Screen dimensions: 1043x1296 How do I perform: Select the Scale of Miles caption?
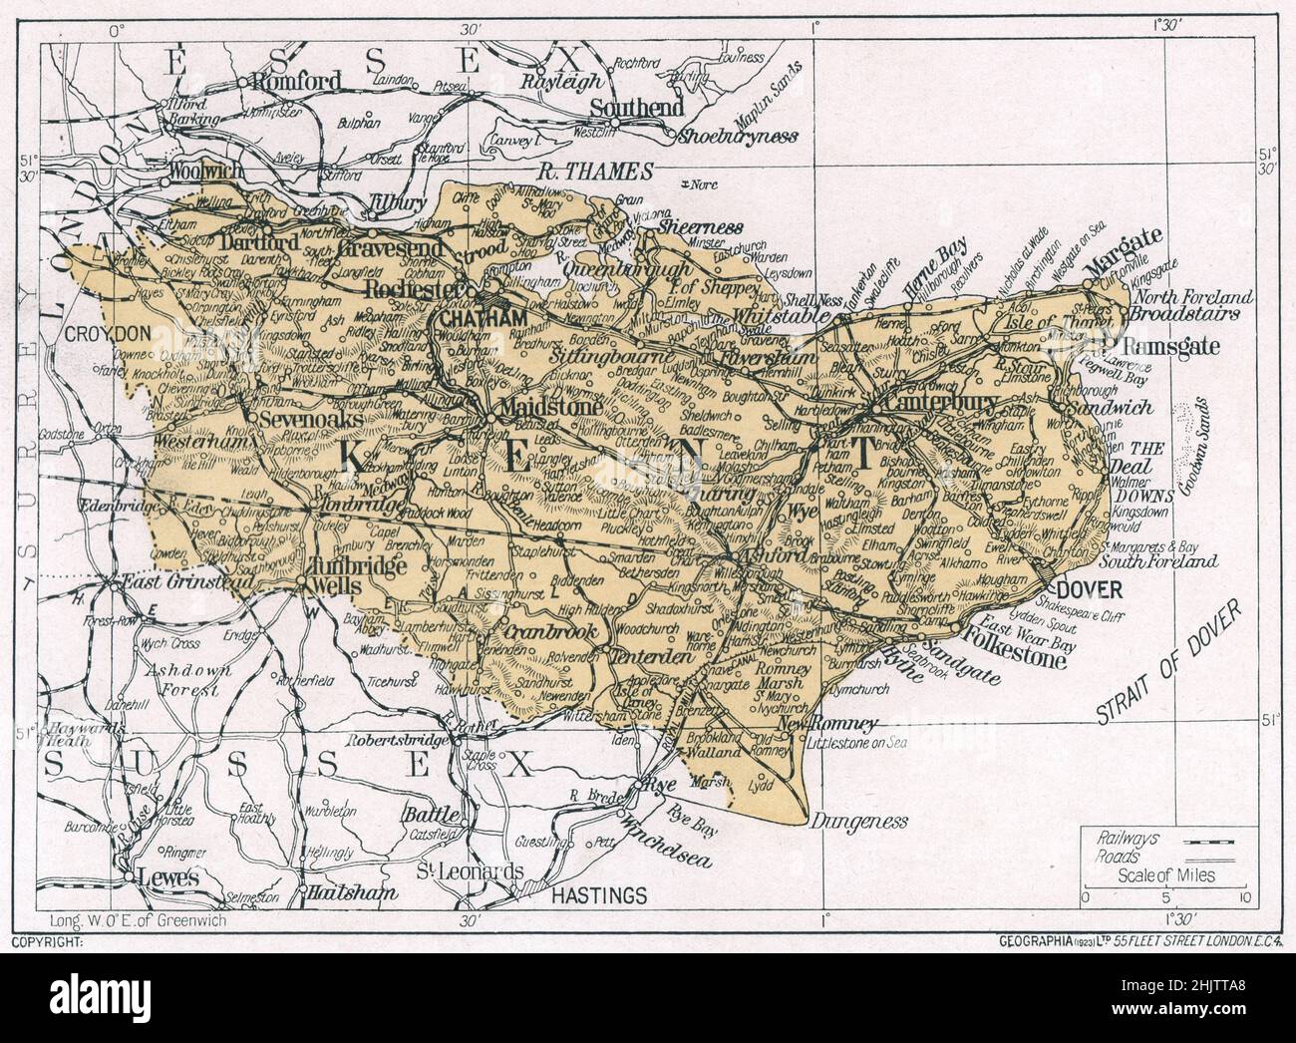pyautogui.click(x=1165, y=875)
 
